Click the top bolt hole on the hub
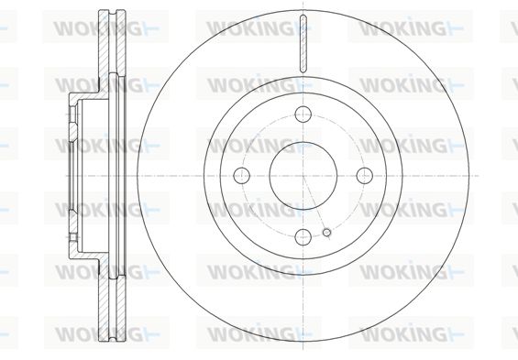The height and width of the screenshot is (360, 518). [x=303, y=115]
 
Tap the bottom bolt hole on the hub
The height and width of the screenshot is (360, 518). [x=303, y=237]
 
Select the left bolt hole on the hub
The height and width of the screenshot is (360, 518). [x=241, y=175]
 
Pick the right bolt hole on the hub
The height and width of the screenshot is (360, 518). [x=365, y=175]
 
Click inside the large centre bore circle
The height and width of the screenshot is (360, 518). [x=303, y=175]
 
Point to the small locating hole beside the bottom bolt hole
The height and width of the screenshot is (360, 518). [x=326, y=233]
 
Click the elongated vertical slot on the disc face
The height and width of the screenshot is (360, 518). [x=303, y=44]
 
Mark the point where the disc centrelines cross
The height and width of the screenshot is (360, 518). [x=303, y=175]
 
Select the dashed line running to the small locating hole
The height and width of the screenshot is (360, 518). [x=314, y=204]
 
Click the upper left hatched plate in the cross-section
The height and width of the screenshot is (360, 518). [x=104, y=49]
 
